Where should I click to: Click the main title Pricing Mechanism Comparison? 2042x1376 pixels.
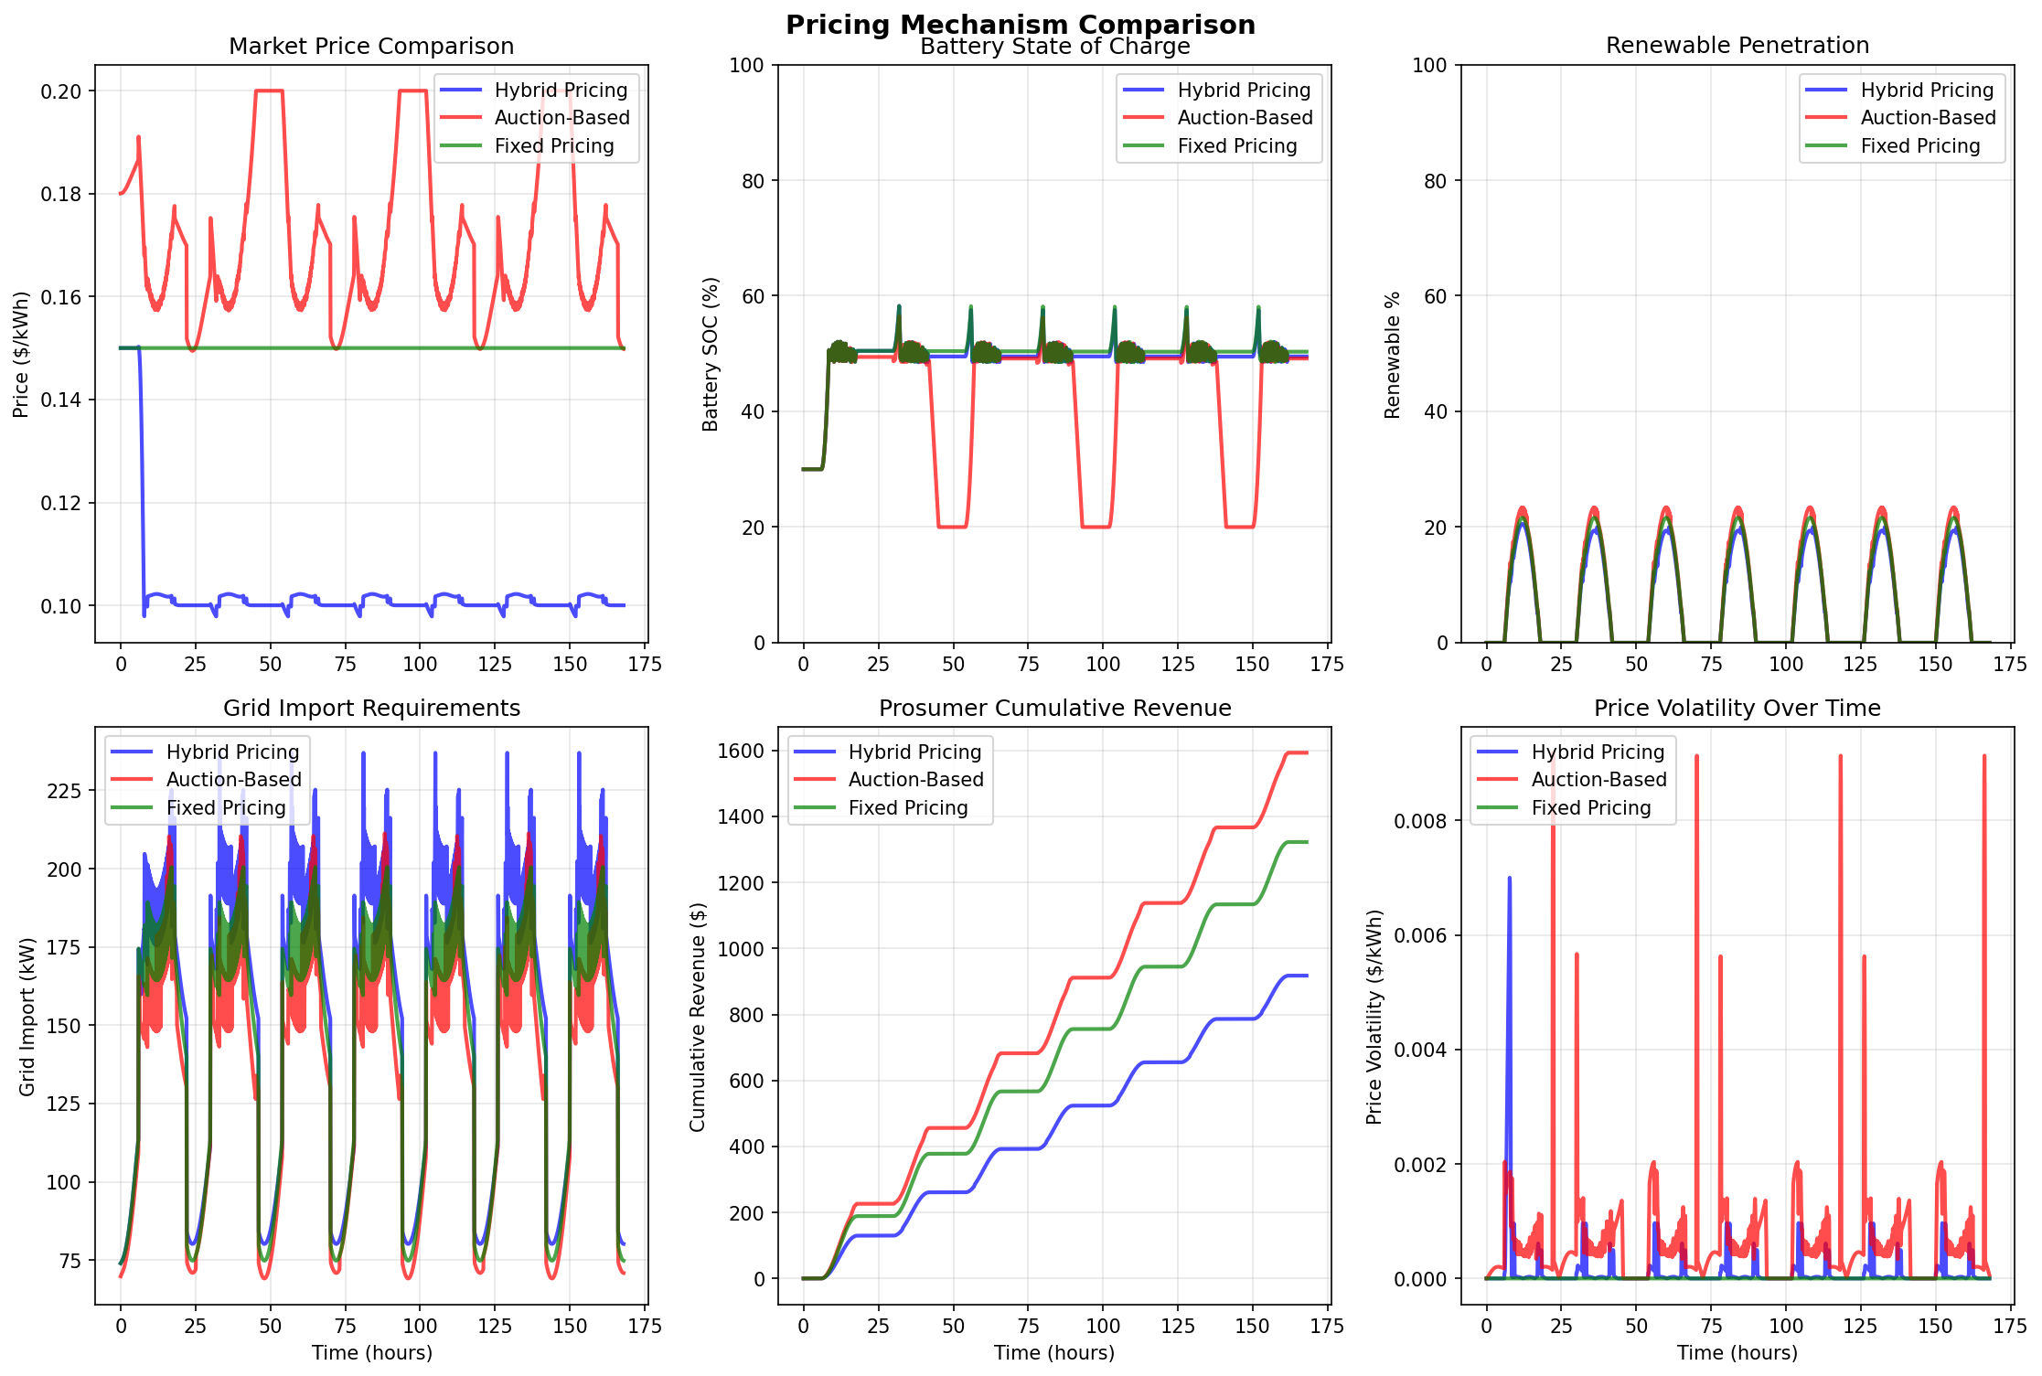(x=1021, y=25)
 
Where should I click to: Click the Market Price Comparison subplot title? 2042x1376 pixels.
(x=371, y=47)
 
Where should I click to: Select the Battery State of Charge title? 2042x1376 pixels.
(x=1054, y=48)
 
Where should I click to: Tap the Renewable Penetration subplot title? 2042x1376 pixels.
(x=1737, y=46)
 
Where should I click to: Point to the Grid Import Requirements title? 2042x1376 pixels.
(x=371, y=709)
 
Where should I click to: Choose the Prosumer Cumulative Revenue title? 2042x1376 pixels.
(x=1054, y=709)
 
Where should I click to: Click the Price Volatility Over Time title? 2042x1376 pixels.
(x=1737, y=709)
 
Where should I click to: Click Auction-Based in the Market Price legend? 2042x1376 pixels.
(x=561, y=118)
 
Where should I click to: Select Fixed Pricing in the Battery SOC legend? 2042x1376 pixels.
(x=1237, y=146)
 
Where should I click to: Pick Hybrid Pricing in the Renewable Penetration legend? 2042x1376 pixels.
(x=1927, y=91)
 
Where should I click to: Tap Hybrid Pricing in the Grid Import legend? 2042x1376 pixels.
(x=232, y=752)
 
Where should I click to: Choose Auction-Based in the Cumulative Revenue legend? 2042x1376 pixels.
(x=915, y=780)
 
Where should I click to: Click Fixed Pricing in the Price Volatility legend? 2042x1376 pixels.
(x=1591, y=808)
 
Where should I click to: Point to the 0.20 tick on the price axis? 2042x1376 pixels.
(x=61, y=91)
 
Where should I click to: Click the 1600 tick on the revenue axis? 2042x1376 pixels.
(x=742, y=752)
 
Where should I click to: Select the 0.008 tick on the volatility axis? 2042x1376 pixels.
(x=1419, y=821)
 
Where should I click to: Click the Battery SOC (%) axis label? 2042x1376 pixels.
(x=711, y=354)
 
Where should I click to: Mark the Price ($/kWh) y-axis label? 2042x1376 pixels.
(x=21, y=354)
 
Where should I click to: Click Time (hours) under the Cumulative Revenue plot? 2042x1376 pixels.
(x=1054, y=1353)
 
